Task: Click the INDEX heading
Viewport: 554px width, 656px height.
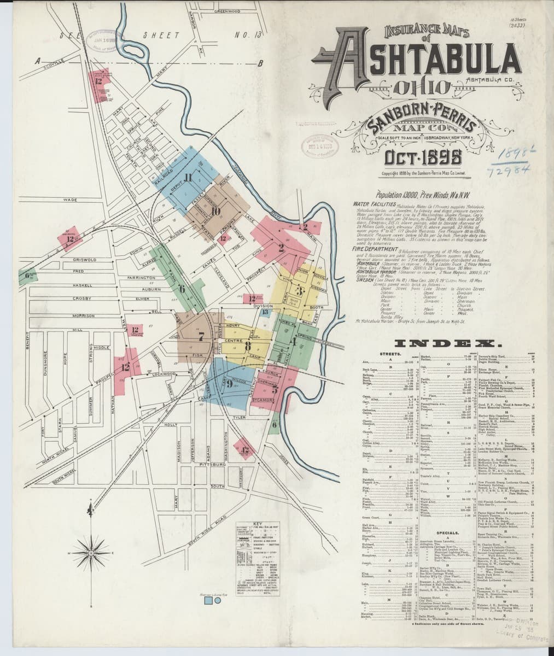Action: click(x=444, y=344)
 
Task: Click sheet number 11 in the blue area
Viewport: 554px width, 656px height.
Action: click(x=189, y=177)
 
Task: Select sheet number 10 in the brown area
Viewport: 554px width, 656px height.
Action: click(x=215, y=212)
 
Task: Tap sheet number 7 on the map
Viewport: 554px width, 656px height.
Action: click(x=201, y=337)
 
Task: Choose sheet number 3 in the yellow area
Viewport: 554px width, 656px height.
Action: click(x=299, y=290)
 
